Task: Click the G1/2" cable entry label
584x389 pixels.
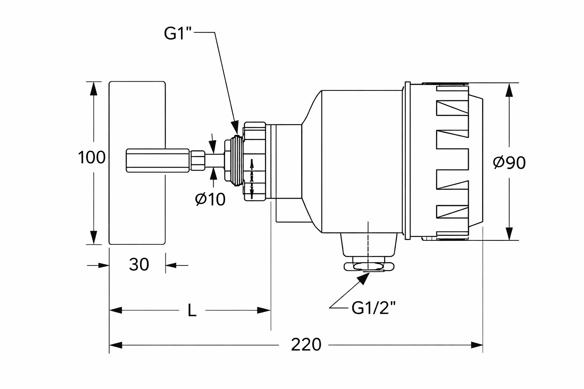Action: click(371, 308)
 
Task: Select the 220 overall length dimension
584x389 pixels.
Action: click(306, 345)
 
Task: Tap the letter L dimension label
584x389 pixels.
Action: click(192, 311)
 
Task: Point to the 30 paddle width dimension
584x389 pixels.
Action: click(139, 265)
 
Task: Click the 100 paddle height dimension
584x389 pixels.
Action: click(91, 157)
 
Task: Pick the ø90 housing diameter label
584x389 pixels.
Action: click(509, 163)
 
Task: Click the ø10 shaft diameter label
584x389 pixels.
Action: click(210, 199)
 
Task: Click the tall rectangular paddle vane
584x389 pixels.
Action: click(137, 114)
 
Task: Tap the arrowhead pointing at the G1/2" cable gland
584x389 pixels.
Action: click(364, 278)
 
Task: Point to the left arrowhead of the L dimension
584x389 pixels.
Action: click(116, 310)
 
